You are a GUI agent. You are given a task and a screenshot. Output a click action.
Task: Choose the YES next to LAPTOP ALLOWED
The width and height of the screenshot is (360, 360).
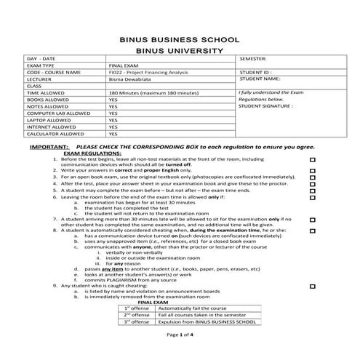(x=113, y=120)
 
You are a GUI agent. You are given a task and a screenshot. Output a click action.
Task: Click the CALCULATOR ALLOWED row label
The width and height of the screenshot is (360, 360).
(x=55, y=134)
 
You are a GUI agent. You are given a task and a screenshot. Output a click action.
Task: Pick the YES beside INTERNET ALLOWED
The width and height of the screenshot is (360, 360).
(x=113, y=127)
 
